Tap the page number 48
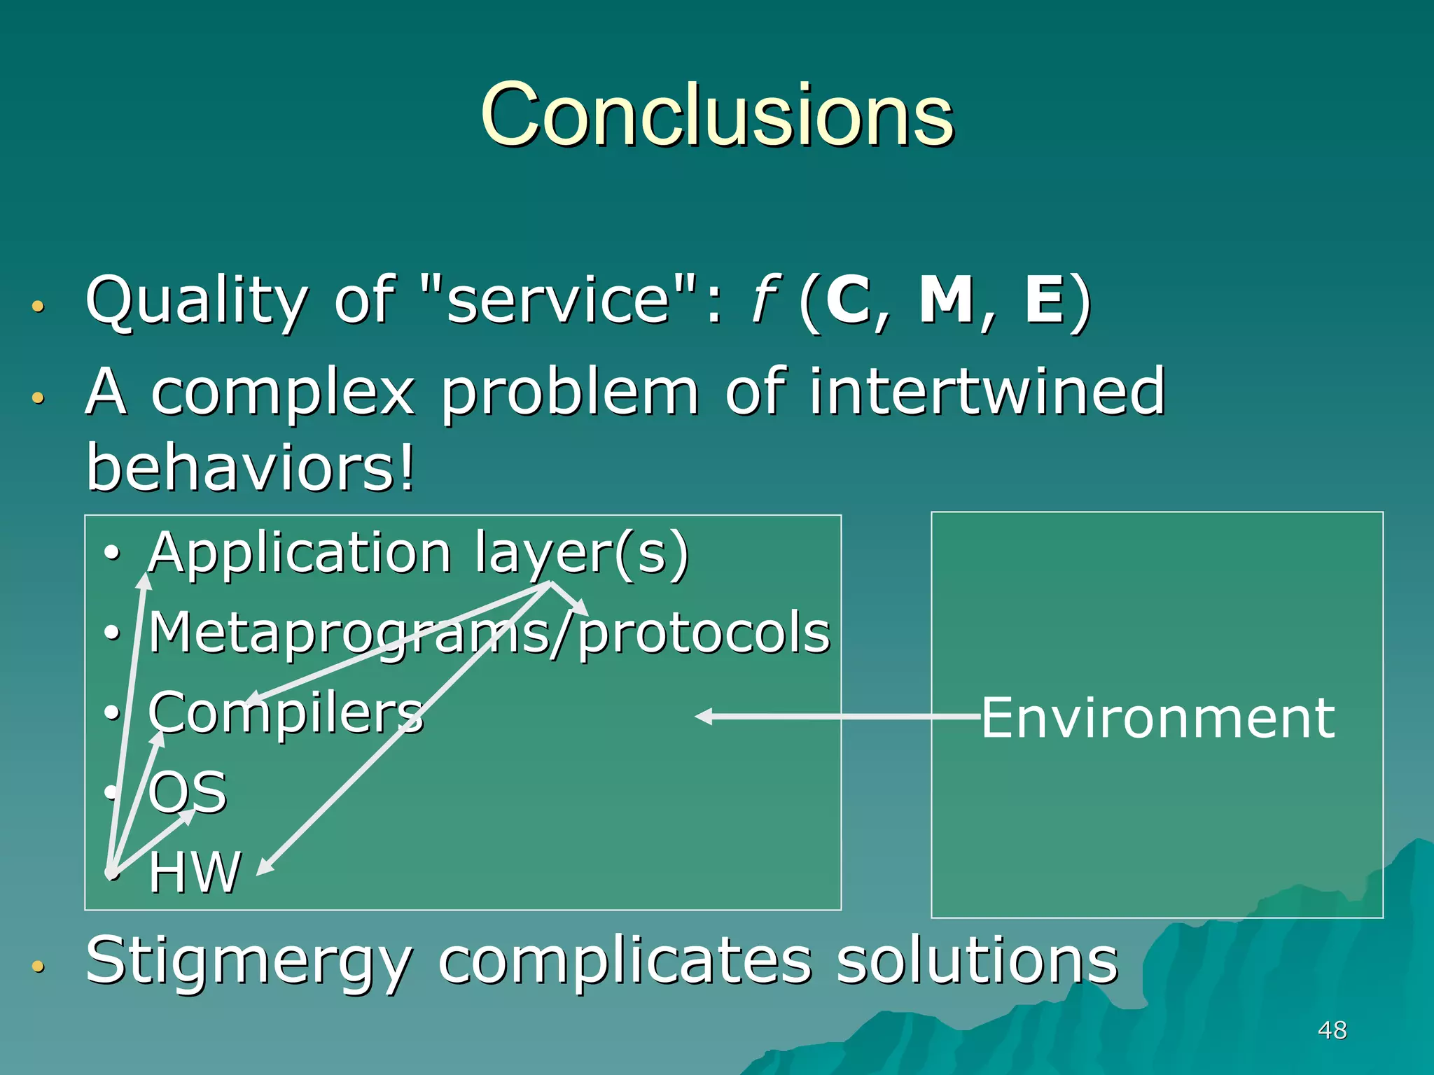tap(1332, 1030)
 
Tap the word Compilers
tap(286, 712)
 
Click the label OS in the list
tap(188, 792)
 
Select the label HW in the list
tap(194, 872)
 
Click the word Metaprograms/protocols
tap(489, 633)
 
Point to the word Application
tap(300, 553)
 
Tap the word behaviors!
tap(251, 468)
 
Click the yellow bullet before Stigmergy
tap(38, 967)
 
